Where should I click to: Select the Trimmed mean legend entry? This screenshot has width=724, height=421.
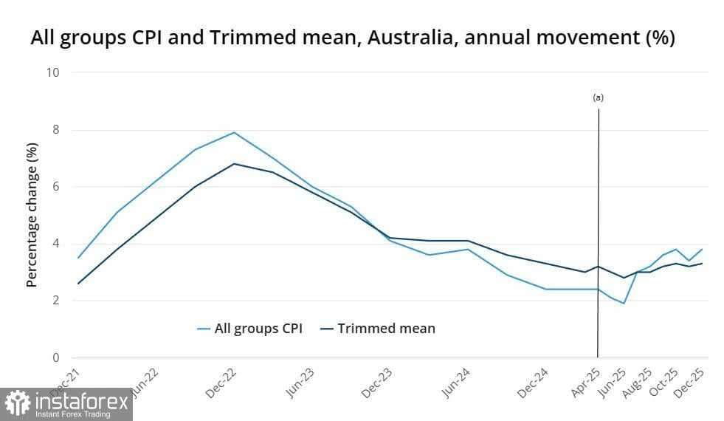[386, 329]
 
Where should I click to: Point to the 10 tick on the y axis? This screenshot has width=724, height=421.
[52, 72]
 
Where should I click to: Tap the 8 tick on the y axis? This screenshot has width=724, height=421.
[55, 130]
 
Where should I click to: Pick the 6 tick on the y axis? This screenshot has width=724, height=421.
[55, 187]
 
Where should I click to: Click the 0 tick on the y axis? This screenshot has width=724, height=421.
[55, 358]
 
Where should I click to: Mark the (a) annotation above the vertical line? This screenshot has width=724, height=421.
[599, 97]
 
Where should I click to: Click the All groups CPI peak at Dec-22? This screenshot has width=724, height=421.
[234, 133]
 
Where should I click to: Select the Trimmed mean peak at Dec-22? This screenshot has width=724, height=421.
[234, 164]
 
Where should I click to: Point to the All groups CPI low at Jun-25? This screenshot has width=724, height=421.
[624, 304]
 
